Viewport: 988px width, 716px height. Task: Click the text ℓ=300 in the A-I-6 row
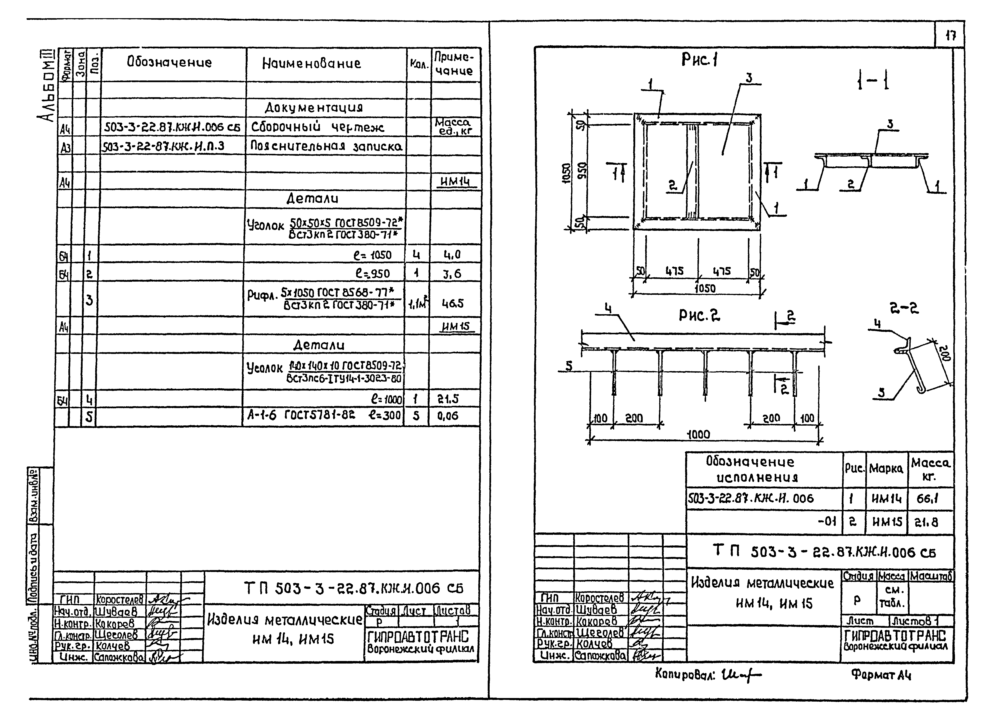tap(385, 415)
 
